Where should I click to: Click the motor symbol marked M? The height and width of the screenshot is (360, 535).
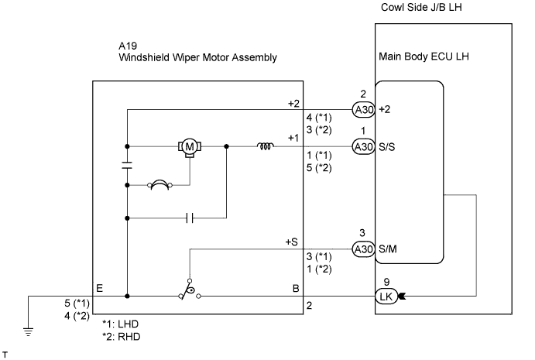coord(190,147)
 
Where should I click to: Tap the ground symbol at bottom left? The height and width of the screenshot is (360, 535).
coord(29,331)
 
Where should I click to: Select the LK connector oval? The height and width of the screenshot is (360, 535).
coord(386,297)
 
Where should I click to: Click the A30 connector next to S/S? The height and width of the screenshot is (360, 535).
coord(364,147)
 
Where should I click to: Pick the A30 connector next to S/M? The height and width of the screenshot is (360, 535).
coord(364,249)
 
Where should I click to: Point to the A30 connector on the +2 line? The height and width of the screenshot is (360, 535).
coord(364,110)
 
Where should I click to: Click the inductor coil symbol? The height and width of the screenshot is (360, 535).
coord(266,146)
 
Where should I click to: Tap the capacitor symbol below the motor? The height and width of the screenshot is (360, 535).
coord(190,218)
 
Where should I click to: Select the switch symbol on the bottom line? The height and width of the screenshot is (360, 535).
coord(190,290)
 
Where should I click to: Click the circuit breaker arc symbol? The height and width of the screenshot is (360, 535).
coord(159,184)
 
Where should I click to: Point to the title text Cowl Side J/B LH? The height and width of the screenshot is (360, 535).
coord(421,8)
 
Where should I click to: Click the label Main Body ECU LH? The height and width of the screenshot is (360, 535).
coord(424,57)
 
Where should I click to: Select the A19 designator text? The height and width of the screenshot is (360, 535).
coord(128,46)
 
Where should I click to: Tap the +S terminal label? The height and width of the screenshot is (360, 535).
coord(292,242)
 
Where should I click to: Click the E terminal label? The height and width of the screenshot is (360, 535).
coord(99,289)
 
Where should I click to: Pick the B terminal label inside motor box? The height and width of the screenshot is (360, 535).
coord(296,289)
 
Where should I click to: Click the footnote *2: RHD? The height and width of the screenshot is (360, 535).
coord(122,337)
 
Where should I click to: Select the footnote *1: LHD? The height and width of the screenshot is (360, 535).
coord(121,324)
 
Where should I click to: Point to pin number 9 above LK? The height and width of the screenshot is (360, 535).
coord(386,283)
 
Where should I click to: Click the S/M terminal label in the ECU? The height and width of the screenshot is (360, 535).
coord(388,249)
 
